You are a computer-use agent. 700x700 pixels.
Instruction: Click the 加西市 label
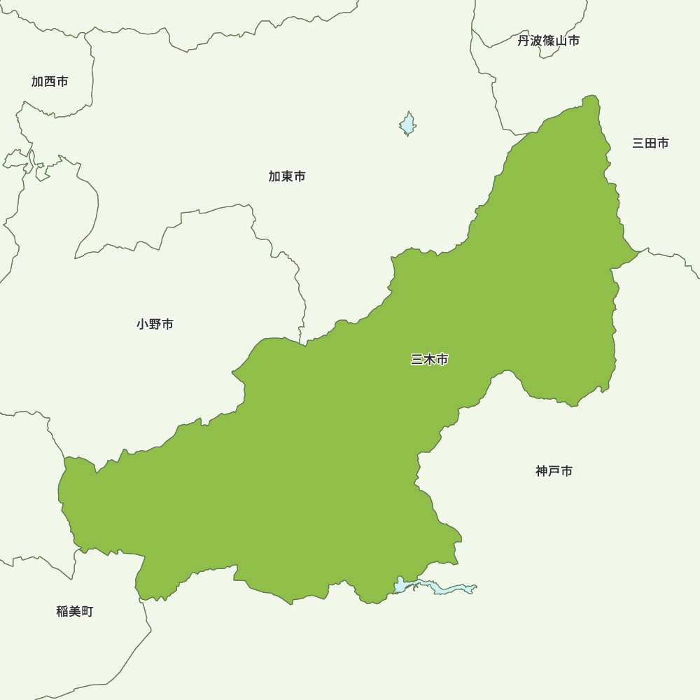pyautogui.click(x=50, y=82)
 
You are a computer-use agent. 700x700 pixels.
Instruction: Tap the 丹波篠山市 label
pyautogui.click(x=549, y=41)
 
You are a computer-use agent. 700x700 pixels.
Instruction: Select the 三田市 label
pyautogui.click(x=650, y=143)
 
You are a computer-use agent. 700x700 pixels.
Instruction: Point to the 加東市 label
pyautogui.click(x=287, y=176)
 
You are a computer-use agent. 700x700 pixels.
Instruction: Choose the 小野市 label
pyautogui.click(x=155, y=324)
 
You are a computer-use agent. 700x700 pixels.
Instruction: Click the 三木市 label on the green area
pyautogui.click(x=430, y=360)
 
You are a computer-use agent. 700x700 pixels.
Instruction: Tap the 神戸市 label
pyautogui.click(x=554, y=471)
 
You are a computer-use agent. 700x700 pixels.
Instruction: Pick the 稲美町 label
pyautogui.click(x=75, y=611)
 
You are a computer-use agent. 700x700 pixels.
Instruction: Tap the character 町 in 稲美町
pyautogui.click(x=87, y=611)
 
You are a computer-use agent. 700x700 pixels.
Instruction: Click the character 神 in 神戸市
pyautogui.click(x=542, y=471)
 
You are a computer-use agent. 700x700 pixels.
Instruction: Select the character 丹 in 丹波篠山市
pyautogui.click(x=524, y=41)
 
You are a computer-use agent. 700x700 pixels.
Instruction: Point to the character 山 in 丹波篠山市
pyautogui.click(x=561, y=41)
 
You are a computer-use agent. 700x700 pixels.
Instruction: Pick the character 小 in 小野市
pyautogui.click(x=143, y=324)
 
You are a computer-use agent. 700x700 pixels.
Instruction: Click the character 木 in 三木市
pyautogui.click(x=430, y=360)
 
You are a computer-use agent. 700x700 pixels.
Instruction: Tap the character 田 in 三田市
pyautogui.click(x=650, y=143)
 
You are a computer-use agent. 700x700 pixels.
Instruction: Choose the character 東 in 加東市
pyautogui.click(x=287, y=176)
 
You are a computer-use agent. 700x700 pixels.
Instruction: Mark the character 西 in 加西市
pyautogui.click(x=50, y=82)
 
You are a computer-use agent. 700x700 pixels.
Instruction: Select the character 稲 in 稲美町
pyautogui.click(x=62, y=611)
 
